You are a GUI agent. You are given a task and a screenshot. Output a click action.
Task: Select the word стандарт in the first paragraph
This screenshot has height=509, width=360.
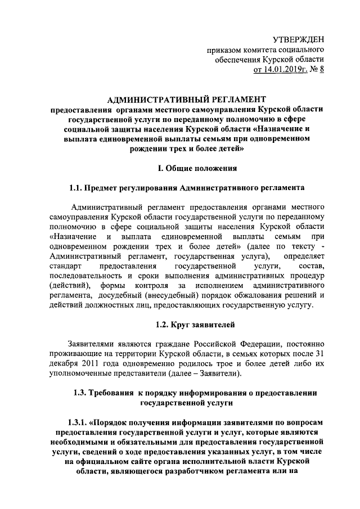click(65, 264)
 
